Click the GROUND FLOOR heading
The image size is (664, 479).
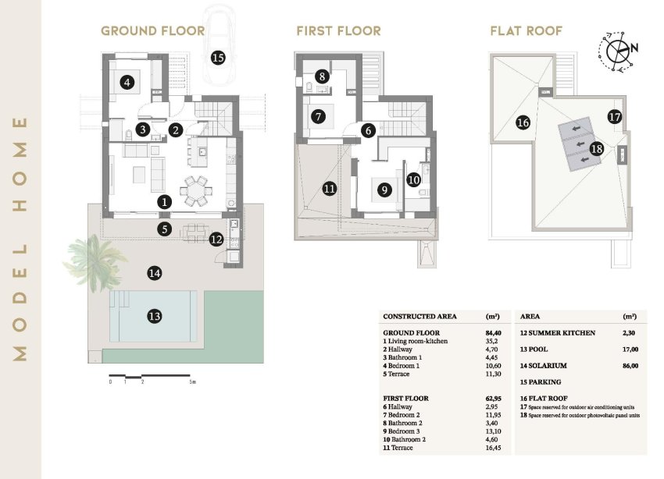point(152,31)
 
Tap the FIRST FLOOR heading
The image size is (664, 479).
point(338,31)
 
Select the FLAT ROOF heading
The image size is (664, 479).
point(526,31)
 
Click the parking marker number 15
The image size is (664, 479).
point(217,57)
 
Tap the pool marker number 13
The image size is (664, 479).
point(155,316)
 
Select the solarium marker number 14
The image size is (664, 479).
point(155,273)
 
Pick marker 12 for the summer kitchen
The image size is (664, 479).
point(216,239)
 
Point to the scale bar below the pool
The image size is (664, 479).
point(152,377)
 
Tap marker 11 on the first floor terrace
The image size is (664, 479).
point(329,188)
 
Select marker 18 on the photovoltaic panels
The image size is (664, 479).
point(595,148)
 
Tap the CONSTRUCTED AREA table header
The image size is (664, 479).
point(420,316)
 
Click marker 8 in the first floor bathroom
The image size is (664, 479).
point(322,78)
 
